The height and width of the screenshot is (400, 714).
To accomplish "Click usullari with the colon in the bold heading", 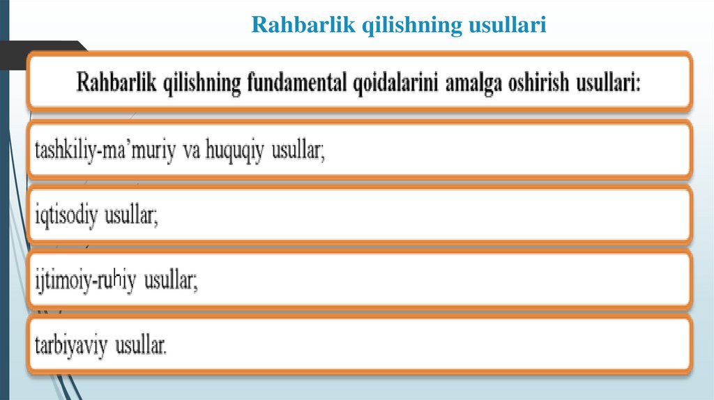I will pos(614,84).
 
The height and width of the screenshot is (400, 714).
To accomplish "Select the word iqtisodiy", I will pos(67,216).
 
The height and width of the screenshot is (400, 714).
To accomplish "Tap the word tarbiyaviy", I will pos(73,346).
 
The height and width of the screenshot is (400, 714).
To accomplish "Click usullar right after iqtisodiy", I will pos(132,216).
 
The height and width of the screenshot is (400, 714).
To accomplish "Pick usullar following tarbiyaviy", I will pos(143,346).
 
